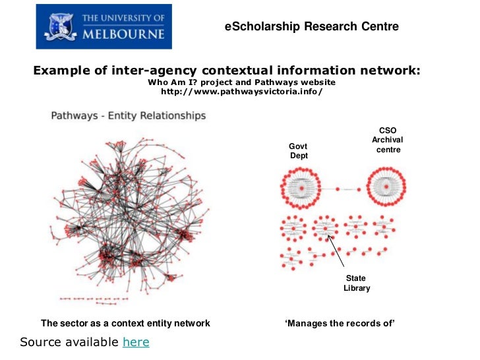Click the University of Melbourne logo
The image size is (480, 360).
pyautogui.click(x=104, y=26)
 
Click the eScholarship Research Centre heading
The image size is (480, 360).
pyautogui.click(x=312, y=26)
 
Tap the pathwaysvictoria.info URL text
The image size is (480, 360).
pyautogui.click(x=241, y=91)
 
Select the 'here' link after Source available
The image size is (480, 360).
pyautogui.click(x=136, y=342)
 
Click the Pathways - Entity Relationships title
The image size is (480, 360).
pyautogui.click(x=129, y=116)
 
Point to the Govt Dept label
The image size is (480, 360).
pyautogui.click(x=298, y=150)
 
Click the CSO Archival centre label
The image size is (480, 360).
pyautogui.click(x=388, y=140)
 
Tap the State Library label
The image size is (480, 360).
pyautogui.click(x=357, y=284)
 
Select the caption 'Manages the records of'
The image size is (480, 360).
pyautogui.click(x=340, y=323)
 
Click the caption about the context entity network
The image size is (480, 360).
pyautogui.click(x=125, y=323)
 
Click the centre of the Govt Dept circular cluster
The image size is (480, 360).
pyautogui.click(x=301, y=189)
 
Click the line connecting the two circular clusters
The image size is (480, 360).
pyautogui.click(x=344, y=189)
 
